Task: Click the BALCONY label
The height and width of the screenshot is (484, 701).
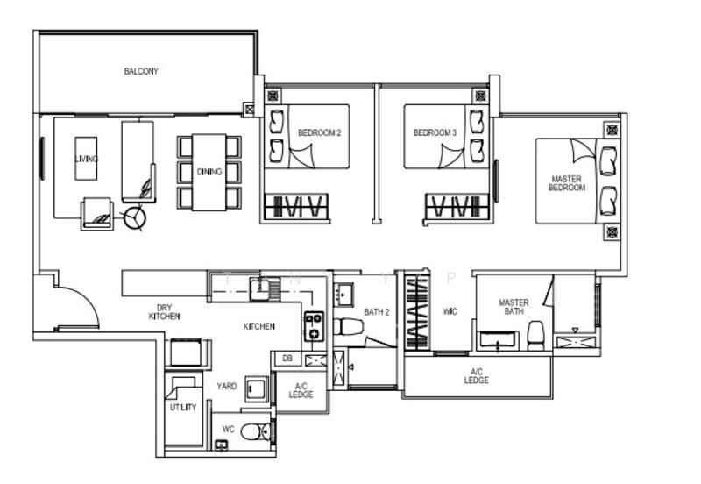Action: tap(141, 71)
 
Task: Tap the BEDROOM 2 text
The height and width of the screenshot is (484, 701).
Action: tap(319, 133)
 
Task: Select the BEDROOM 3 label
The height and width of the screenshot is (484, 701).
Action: tap(435, 133)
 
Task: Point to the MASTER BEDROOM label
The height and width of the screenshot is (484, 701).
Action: tap(566, 183)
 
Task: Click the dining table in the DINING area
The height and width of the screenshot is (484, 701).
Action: tap(209, 172)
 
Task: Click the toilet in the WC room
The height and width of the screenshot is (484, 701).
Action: tap(256, 431)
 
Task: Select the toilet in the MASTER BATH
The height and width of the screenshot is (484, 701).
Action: tap(535, 335)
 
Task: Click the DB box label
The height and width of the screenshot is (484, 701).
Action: tap(287, 359)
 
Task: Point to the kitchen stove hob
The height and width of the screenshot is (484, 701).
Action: tap(314, 326)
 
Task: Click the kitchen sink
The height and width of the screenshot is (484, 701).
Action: tap(260, 288)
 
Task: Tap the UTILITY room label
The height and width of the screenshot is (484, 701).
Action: tap(183, 407)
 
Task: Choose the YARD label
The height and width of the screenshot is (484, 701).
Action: tap(227, 386)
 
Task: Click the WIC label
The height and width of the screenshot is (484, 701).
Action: tap(450, 311)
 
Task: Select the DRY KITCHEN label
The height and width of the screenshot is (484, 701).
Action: tap(164, 312)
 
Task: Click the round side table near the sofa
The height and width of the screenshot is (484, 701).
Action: tap(135, 218)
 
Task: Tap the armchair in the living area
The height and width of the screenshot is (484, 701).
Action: tap(97, 214)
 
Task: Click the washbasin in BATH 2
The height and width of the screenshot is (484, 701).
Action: tap(343, 295)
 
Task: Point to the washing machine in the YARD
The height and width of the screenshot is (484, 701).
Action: tap(256, 389)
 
